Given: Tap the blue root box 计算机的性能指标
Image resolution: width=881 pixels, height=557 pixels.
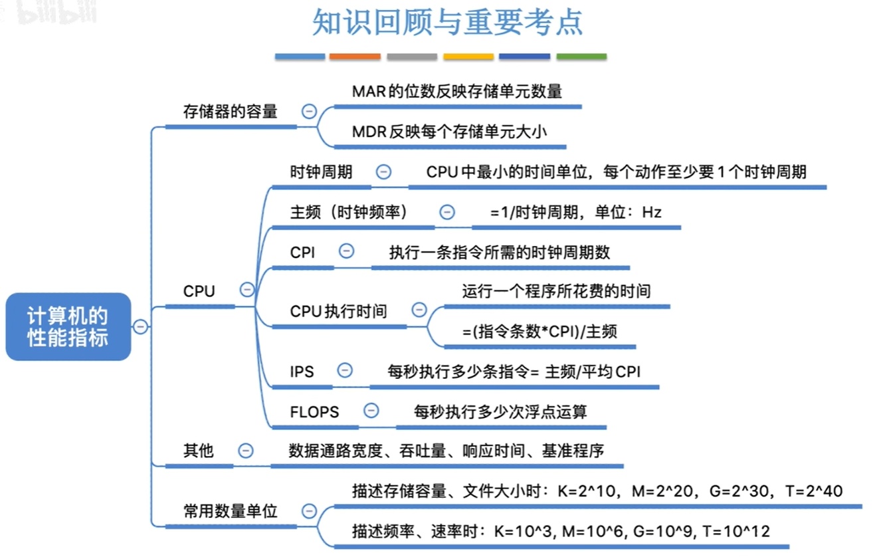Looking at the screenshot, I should click(x=68, y=326).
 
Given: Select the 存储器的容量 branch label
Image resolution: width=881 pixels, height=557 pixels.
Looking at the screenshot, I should click(x=230, y=112).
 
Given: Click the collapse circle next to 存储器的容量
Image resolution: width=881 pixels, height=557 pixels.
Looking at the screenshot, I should click(x=309, y=112).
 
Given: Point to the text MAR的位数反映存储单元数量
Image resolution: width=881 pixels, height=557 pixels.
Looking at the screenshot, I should click(x=457, y=91).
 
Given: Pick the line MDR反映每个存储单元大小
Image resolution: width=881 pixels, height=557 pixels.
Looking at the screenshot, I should click(x=449, y=132).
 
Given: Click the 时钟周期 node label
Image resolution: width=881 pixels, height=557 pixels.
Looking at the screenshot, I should click(x=321, y=172).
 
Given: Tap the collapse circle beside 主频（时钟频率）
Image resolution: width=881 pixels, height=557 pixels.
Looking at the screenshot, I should click(x=447, y=212).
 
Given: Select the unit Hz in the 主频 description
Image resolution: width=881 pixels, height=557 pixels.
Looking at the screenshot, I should click(x=652, y=213).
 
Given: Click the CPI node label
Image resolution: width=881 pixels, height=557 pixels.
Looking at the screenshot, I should click(x=302, y=253).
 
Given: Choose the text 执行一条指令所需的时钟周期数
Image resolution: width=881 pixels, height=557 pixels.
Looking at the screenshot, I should click(x=499, y=253).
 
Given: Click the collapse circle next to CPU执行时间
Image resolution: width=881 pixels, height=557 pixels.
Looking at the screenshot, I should click(x=419, y=310).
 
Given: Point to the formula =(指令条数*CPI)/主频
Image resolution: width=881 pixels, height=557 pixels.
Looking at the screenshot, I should click(x=539, y=331).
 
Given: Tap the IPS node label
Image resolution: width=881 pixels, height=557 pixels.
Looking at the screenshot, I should click(x=302, y=372).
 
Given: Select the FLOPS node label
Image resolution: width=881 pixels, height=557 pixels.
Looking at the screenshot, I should click(x=314, y=412).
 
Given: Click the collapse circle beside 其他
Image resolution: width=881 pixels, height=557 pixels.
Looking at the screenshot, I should click(x=246, y=451).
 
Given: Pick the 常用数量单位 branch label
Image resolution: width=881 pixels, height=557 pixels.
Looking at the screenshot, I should click(x=230, y=511).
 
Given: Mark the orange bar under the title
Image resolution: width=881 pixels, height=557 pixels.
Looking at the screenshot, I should click(x=355, y=57).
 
